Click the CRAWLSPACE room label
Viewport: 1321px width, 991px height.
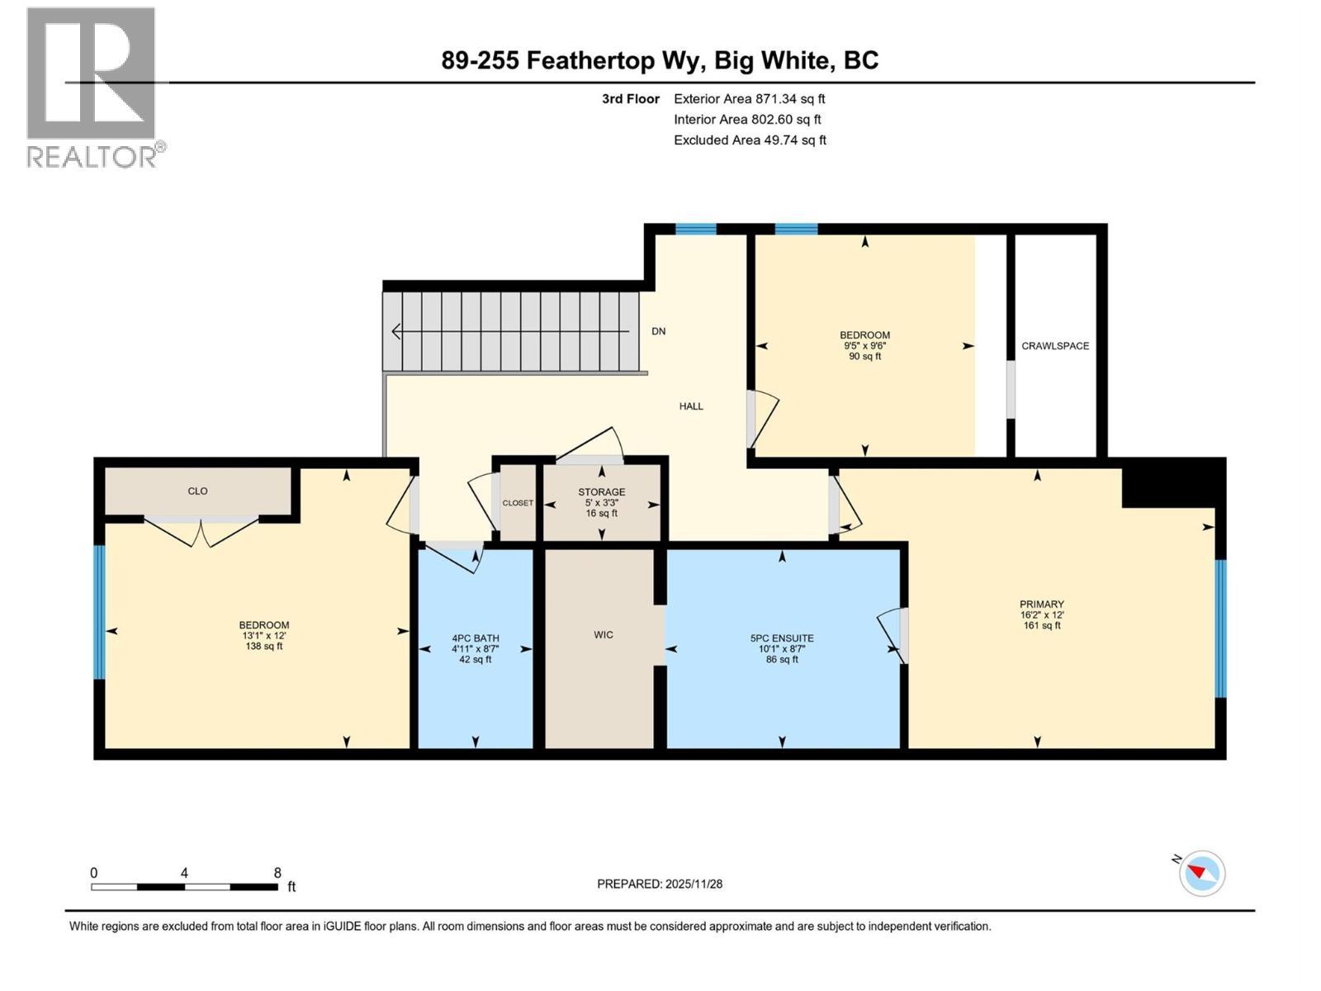(1055, 346)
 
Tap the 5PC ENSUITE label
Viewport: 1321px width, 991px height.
(781, 638)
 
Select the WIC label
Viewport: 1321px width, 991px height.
(603, 635)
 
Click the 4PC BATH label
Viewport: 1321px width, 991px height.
(475, 638)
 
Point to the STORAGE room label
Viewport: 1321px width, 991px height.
(601, 492)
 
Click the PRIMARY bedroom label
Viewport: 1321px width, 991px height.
(1041, 605)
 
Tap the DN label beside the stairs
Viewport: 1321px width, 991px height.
(658, 331)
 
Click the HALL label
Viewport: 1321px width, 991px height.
(691, 406)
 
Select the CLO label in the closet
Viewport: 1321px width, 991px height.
(197, 491)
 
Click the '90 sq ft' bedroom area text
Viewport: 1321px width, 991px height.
(864, 357)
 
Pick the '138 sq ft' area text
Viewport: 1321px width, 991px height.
(263, 646)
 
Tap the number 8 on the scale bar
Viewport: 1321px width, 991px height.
(277, 873)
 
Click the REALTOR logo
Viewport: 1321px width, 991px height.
(92, 87)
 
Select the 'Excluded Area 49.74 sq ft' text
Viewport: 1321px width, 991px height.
(750, 140)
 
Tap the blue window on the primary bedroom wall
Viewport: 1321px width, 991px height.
(1220, 628)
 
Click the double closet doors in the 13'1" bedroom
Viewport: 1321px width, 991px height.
(201, 531)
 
